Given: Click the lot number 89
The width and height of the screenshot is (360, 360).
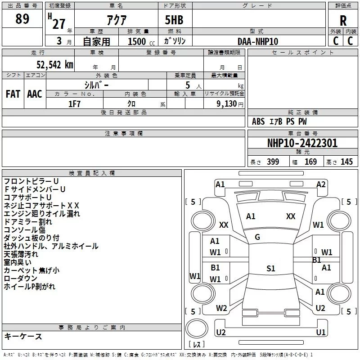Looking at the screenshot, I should pyautogui.click(x=22, y=19).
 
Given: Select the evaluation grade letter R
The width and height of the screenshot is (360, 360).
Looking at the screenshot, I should pyautogui.click(x=343, y=21).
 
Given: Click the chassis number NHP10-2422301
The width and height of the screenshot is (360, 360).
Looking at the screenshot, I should pyautogui.click(x=302, y=143).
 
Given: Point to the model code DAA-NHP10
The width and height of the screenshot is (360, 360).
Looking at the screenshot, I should pyautogui.click(x=258, y=41).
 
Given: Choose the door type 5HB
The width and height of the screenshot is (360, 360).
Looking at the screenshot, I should pyautogui.click(x=174, y=21).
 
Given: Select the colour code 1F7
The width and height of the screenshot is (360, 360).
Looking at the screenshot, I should pyautogui.click(x=75, y=103).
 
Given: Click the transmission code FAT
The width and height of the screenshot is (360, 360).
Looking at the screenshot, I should pyautogui.click(x=13, y=94).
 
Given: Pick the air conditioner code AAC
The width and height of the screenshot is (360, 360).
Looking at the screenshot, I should pyautogui.click(x=35, y=94).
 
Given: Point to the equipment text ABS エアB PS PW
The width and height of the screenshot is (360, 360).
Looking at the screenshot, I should pyautogui.click(x=279, y=121).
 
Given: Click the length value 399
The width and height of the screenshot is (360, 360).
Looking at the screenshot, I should pyautogui.click(x=273, y=162).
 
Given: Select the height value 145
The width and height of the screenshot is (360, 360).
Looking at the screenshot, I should pyautogui.click(x=346, y=162).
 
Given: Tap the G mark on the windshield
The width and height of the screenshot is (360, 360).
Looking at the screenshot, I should pyautogui.click(x=257, y=237).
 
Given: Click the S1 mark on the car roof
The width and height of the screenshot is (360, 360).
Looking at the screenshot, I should pyautogui.click(x=270, y=268).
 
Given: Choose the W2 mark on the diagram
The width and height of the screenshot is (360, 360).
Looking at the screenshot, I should pyautogui.click(x=221, y=308).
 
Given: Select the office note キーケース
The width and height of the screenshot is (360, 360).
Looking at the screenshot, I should pyautogui.click(x=23, y=337).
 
